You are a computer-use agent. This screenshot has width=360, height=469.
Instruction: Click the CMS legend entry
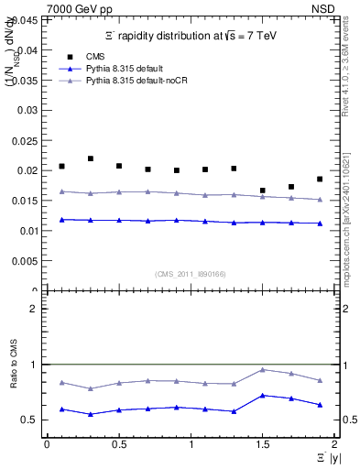[106, 56]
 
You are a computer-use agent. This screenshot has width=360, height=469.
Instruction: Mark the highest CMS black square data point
[90, 158]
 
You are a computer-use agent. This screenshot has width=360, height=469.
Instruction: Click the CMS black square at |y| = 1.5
[263, 191]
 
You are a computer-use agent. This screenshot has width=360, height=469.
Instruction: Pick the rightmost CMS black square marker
[320, 179]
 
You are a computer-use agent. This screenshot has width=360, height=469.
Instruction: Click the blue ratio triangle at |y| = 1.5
[263, 395]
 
